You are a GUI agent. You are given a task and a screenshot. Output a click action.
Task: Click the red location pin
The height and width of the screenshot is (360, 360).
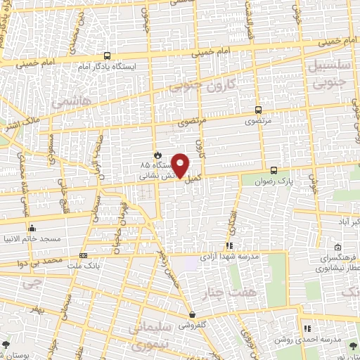point(181,165)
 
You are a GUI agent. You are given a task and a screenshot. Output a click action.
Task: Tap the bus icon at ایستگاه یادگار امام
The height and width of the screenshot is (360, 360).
point(107,56)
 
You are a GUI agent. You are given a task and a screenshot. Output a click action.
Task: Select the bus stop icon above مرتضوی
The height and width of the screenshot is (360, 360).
point(257,110)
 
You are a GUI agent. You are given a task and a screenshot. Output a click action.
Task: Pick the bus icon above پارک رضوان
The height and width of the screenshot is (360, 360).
point(275,170)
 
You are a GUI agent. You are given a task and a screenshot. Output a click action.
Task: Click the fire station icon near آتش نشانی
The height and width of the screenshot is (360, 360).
point(157,155)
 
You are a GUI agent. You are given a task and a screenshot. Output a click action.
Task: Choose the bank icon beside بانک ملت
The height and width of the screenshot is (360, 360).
point(83,256)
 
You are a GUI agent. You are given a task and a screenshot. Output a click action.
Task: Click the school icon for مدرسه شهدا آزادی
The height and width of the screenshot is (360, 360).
point(229,245)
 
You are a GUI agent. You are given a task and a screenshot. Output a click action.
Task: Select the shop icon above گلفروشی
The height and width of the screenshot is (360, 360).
point(191,315)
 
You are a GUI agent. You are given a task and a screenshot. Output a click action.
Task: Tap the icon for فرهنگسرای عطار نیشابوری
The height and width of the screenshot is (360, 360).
point(338,247)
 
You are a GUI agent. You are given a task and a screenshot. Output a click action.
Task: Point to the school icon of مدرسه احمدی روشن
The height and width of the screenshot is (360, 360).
point(307,328)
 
